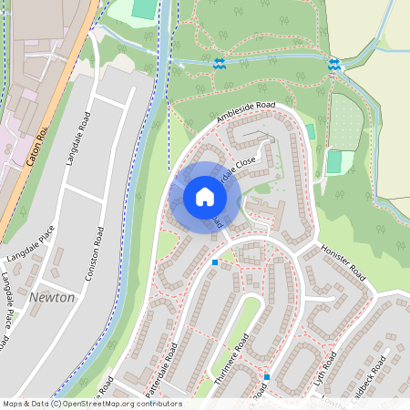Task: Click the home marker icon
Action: (204, 197)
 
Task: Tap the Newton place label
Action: (52, 298)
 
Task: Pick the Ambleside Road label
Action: (245, 113)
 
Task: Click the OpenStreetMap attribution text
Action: (92, 404)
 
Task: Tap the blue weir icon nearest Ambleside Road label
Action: (220, 63)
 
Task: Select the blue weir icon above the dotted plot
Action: (334, 64)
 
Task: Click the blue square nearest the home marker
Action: (215, 262)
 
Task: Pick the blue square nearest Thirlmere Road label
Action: (267, 376)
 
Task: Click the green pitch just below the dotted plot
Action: (334, 161)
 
